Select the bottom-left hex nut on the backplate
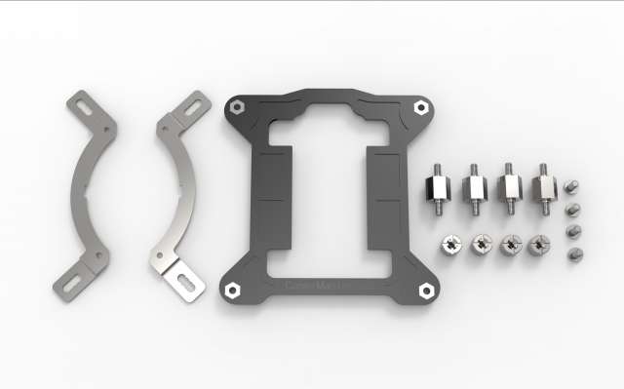(234, 290)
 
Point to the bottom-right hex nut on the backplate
(423, 290)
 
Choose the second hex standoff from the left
(474, 187)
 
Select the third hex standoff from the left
(508, 187)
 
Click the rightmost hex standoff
(541, 186)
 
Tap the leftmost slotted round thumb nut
(452, 245)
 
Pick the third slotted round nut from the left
(509, 245)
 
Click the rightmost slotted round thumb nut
(536, 245)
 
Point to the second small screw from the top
(573, 209)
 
